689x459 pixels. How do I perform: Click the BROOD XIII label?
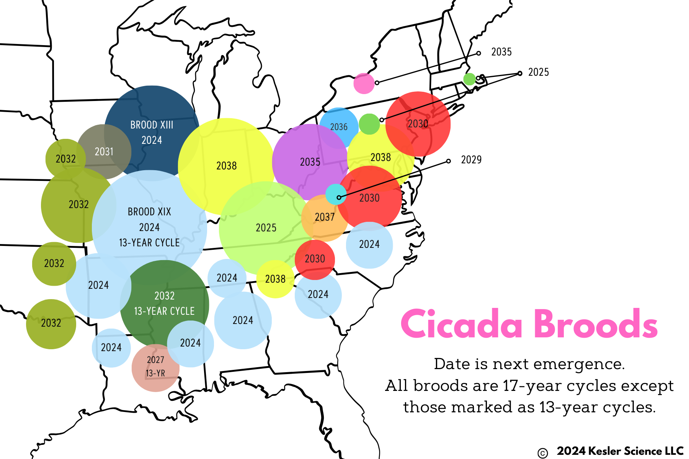coord(152,125)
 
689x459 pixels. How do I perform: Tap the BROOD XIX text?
coord(149,212)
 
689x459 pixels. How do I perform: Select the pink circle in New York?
coord(364,83)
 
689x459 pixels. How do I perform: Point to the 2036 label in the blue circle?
coord(339,127)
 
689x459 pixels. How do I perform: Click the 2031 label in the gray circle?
coord(104,152)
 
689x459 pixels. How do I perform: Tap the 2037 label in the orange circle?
coord(325,217)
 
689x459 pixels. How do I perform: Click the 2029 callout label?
coord(471,160)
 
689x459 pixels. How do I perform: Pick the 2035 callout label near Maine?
coord(501,52)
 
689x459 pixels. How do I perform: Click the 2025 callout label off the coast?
coord(538,72)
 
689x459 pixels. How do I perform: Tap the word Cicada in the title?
coord(462,325)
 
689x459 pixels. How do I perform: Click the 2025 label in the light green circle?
coord(266,228)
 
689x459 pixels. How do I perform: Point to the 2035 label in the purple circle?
coord(310,162)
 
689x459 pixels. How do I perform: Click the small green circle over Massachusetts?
coord(469,79)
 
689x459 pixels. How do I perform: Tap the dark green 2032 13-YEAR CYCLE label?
coord(164,303)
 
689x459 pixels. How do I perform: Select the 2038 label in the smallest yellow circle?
coord(275,279)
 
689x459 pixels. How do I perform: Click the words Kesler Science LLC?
coord(635,451)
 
